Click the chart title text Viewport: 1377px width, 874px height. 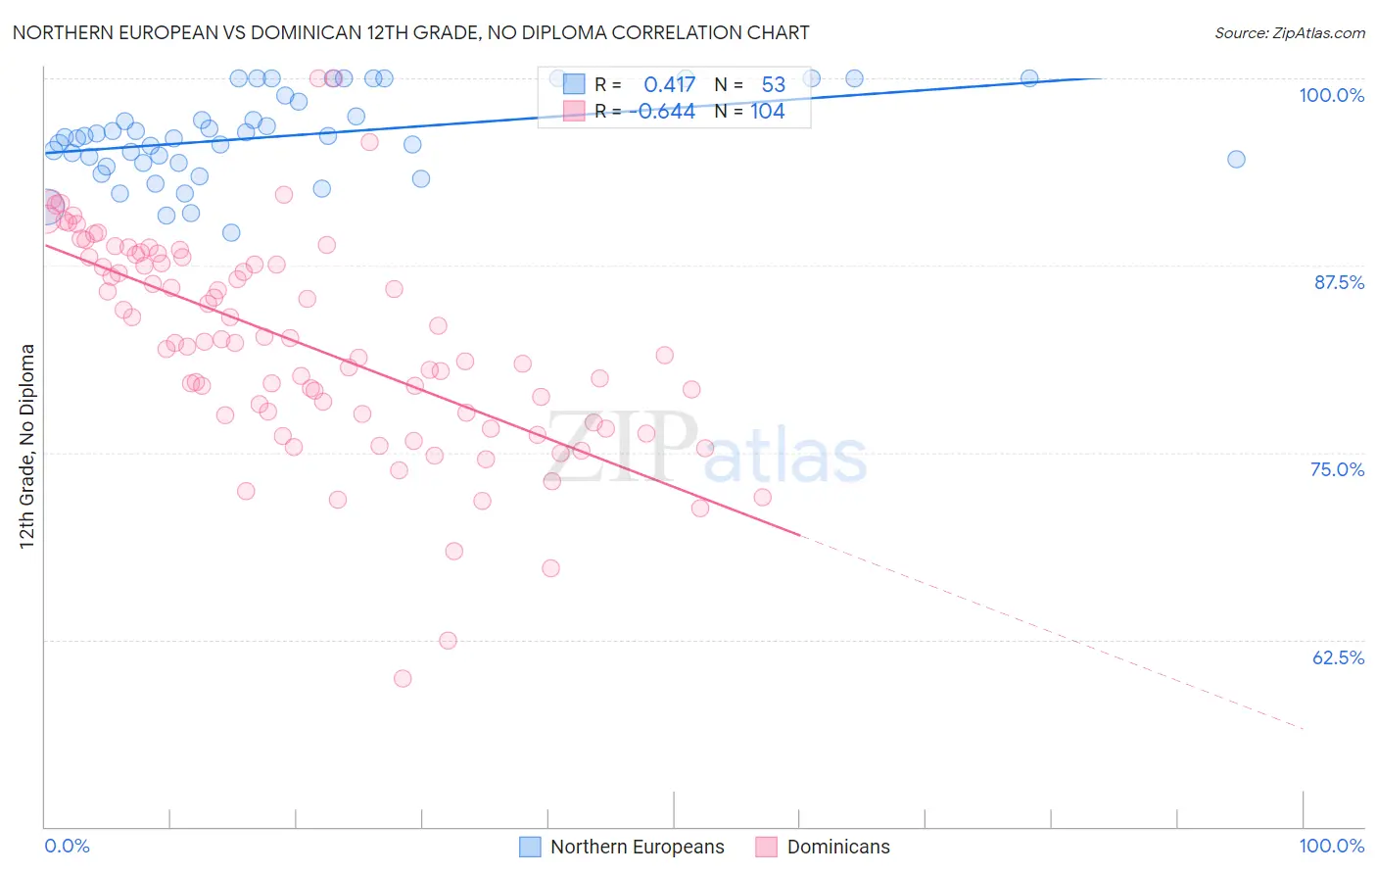(x=410, y=32)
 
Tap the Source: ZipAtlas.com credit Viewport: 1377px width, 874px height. (x=1289, y=32)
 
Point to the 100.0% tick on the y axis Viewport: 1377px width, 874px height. (x=1331, y=95)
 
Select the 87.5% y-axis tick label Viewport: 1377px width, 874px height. (x=1339, y=282)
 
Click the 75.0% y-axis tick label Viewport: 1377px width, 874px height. (x=1337, y=469)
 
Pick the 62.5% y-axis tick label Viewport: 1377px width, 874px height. (x=1338, y=657)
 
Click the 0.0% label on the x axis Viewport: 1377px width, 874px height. (x=67, y=846)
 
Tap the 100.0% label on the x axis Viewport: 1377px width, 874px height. (x=1331, y=846)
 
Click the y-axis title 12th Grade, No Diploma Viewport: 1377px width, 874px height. (x=27, y=446)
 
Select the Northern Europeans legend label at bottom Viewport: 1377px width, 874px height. (x=637, y=847)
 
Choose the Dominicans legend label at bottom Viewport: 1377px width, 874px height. (x=838, y=847)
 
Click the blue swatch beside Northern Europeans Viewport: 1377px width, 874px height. (x=530, y=847)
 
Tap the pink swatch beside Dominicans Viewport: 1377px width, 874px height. (x=766, y=847)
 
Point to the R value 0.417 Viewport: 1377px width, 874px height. (x=669, y=84)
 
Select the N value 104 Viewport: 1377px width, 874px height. (x=768, y=112)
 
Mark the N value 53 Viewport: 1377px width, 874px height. (x=773, y=84)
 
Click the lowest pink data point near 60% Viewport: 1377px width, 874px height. (x=402, y=678)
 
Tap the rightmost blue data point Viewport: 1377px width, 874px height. (x=1236, y=159)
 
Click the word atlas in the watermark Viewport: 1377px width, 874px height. (x=785, y=457)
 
